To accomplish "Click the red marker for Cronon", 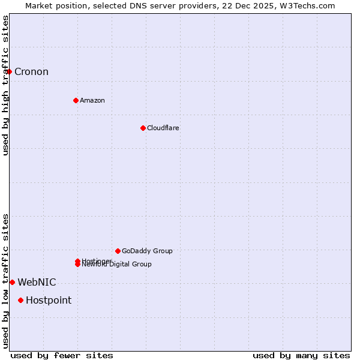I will click(x=9, y=71).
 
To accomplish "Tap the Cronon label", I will click(x=31, y=72).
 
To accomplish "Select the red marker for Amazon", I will click(x=76, y=100).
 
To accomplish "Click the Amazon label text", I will click(x=92, y=100).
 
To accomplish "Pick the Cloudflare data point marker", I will click(x=143, y=128).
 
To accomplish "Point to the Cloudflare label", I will click(x=163, y=128).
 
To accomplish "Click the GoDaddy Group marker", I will click(x=118, y=251).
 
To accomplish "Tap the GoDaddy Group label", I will click(x=147, y=251).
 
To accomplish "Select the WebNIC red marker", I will click(x=12, y=282).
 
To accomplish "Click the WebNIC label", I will click(x=37, y=283).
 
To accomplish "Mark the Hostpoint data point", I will click(x=20, y=300).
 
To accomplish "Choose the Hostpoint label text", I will click(x=49, y=301).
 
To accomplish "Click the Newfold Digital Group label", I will click(x=118, y=265).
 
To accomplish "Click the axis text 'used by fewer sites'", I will click(x=62, y=355).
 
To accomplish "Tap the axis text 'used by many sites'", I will click(x=301, y=355).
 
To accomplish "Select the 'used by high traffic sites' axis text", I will click(x=6, y=85).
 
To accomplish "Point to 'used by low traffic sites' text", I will click(x=6, y=280).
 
